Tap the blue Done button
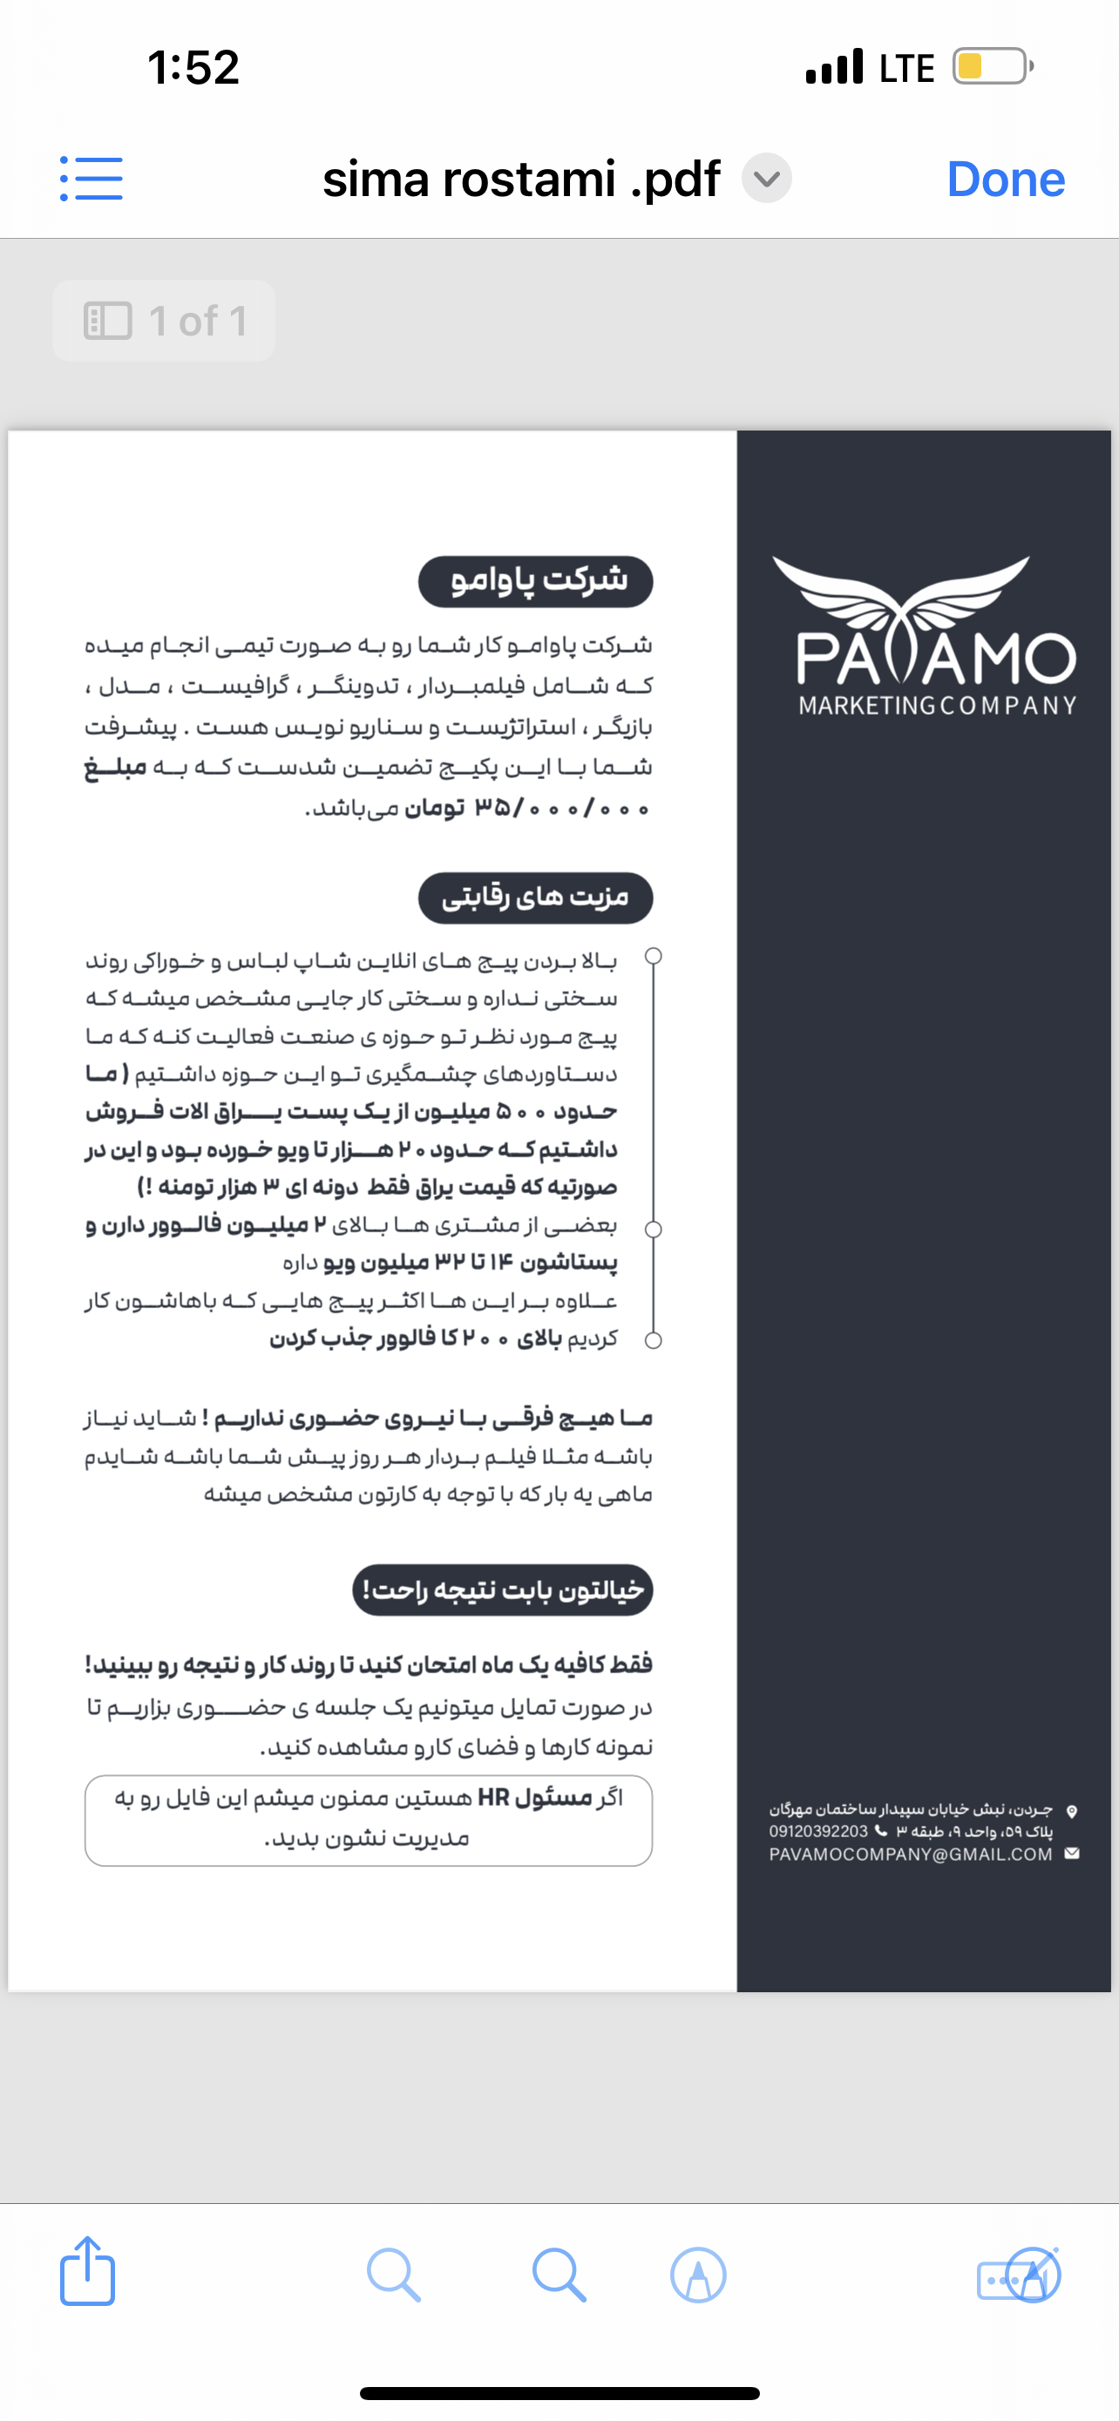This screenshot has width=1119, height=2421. [1006, 179]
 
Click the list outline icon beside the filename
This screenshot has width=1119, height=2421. [92, 179]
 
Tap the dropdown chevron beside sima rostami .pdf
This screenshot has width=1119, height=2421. [767, 179]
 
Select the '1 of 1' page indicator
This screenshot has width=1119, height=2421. [165, 322]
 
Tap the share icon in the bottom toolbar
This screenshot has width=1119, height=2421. [87, 2273]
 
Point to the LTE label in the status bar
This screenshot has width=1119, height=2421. [905, 68]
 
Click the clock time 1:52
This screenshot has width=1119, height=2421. [193, 68]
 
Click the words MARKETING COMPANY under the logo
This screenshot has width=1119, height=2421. [937, 705]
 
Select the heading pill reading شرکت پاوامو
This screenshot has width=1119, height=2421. [536, 580]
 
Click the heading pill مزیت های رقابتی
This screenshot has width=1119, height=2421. [536, 898]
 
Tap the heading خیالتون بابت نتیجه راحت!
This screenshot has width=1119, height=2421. [503, 1590]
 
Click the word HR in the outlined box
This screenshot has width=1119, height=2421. [493, 1797]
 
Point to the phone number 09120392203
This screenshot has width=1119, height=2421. [818, 1832]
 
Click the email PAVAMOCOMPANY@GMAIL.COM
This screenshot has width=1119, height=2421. [911, 1855]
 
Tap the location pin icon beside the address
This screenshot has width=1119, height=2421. [1072, 1810]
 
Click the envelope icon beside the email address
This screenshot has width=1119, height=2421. [1072, 1854]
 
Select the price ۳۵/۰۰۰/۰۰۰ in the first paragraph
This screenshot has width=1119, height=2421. [561, 808]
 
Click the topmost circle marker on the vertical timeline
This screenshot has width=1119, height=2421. [654, 956]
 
